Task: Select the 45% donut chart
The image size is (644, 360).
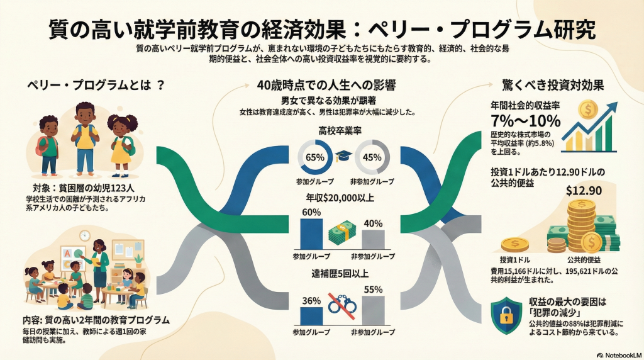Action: (372, 157)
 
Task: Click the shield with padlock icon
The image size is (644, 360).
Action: (506, 314)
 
